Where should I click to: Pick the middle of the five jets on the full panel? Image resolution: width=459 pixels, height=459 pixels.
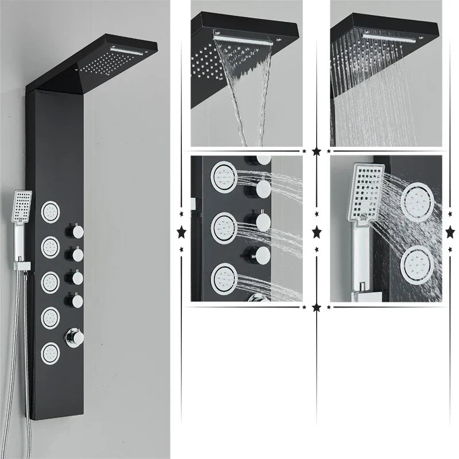[x=51, y=281]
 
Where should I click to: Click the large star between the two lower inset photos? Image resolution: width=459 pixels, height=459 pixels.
[x=316, y=232]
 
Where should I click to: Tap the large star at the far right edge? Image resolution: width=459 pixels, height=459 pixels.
[x=451, y=232]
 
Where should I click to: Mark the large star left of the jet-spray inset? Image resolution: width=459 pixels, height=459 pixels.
[x=181, y=232]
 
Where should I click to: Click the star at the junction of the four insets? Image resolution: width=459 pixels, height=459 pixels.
[x=316, y=151]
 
